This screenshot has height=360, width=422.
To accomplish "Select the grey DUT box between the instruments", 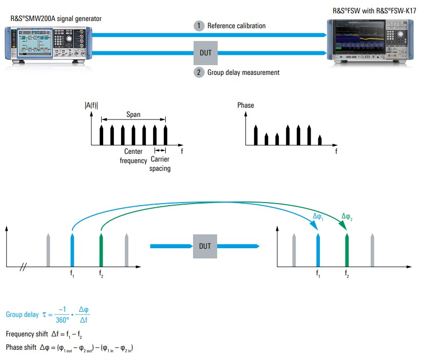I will click(206, 53).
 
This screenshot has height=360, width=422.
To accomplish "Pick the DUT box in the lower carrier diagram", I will click(205, 246).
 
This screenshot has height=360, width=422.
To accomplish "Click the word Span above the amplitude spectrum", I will click(133, 115).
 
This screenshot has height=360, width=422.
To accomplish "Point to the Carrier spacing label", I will click(160, 164).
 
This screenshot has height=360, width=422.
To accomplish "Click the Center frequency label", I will click(133, 156).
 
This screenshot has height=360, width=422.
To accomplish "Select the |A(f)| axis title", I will click(91, 106).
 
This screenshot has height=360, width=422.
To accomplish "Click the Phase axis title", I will click(245, 106).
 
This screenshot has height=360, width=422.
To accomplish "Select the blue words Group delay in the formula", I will click(22, 314).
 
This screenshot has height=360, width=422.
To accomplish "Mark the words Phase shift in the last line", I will click(21, 347).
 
